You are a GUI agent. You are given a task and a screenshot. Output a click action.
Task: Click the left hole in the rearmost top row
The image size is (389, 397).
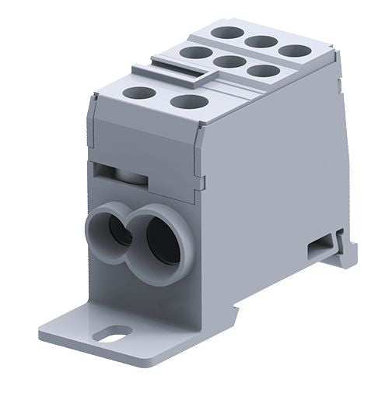pos(228,33)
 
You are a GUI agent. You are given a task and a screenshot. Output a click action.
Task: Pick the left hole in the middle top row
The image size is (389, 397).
pos(193,53)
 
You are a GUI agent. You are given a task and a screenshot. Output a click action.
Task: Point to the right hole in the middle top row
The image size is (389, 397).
pos(262,72)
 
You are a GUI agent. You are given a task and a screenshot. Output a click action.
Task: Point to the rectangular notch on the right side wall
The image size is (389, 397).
pos(318,249)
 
